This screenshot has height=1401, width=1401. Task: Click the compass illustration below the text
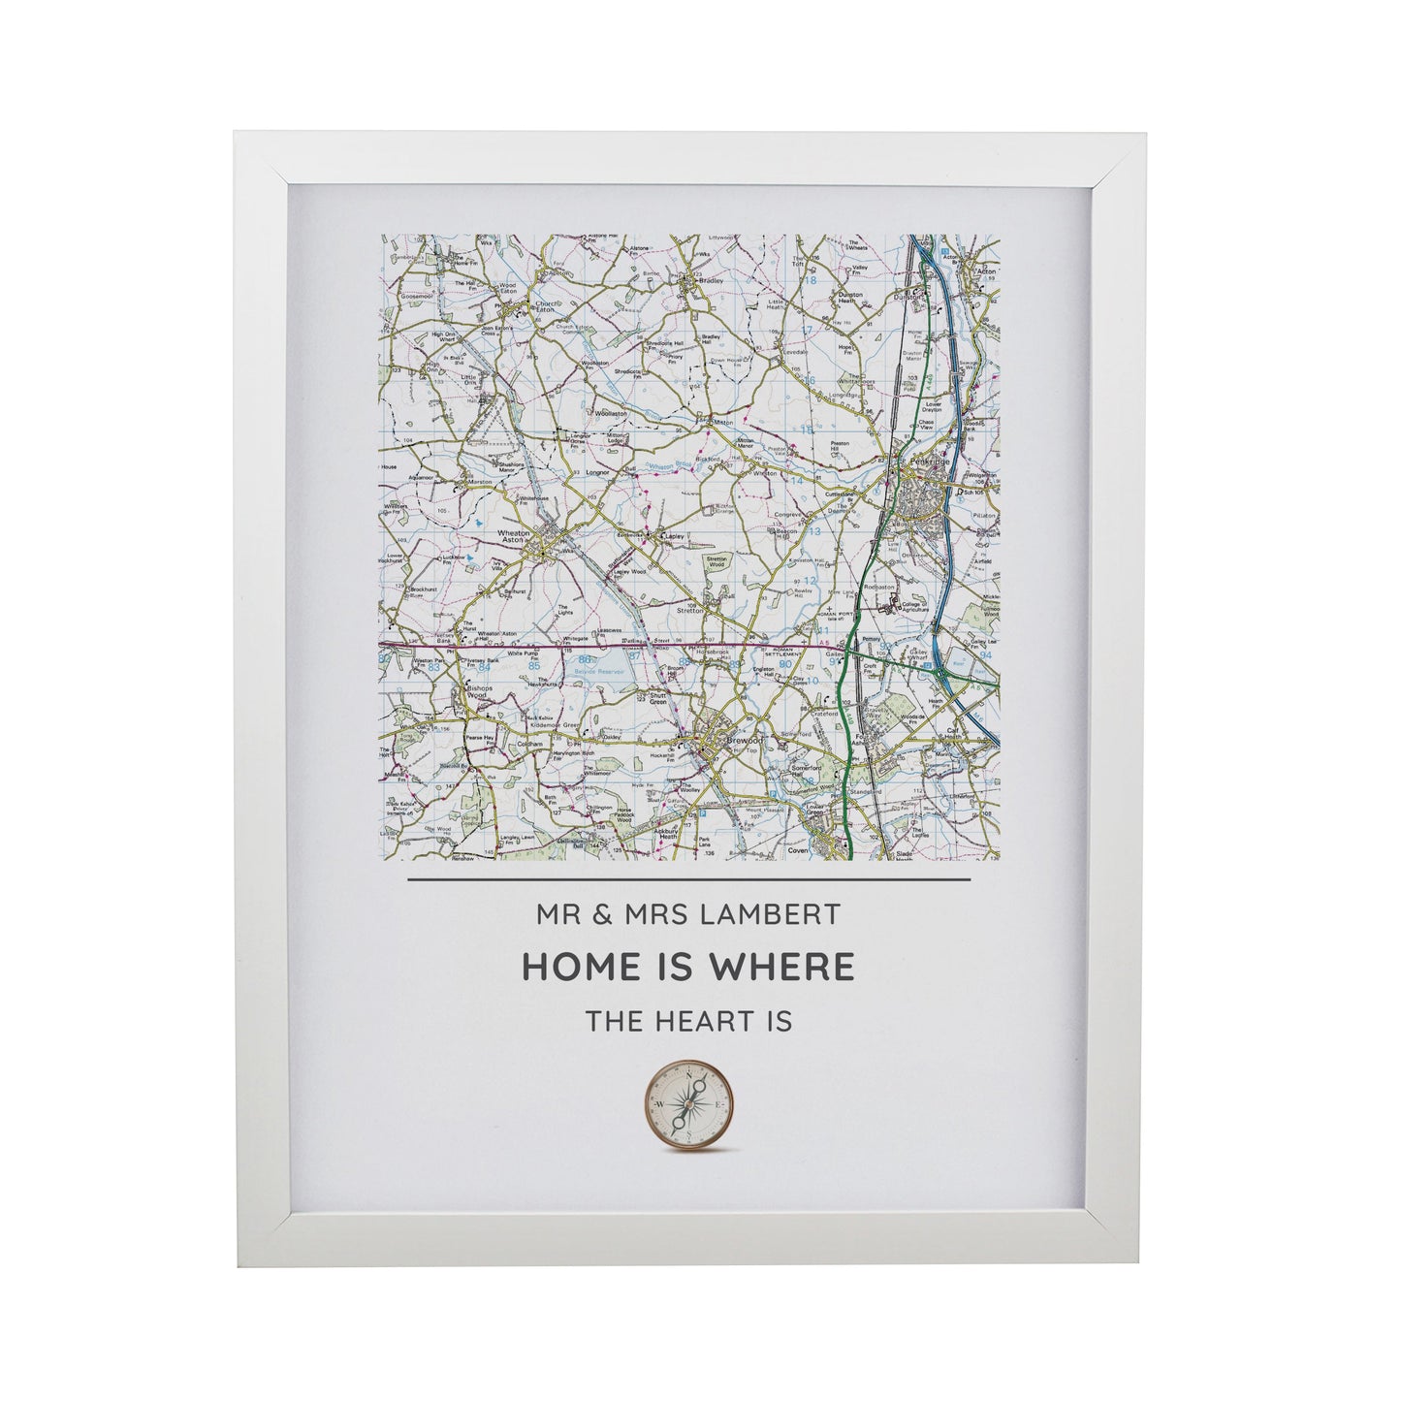point(688,1104)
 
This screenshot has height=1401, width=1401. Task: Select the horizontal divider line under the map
point(688,880)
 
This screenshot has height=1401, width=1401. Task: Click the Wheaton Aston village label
point(514,540)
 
